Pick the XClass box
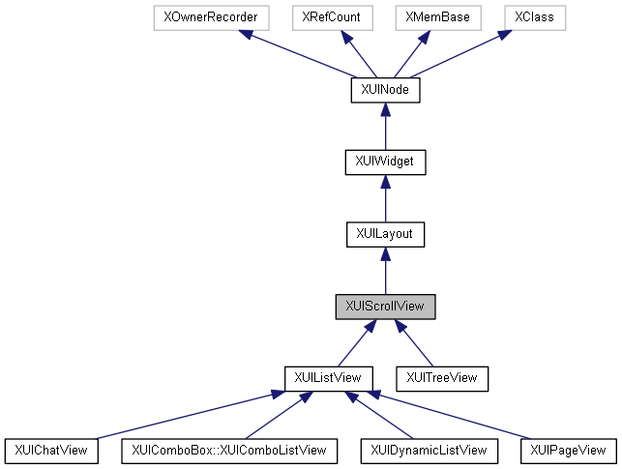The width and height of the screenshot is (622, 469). pyautogui.click(x=531, y=17)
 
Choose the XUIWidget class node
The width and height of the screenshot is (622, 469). pyautogui.click(x=385, y=161)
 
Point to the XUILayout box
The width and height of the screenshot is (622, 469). pyautogui.click(x=385, y=233)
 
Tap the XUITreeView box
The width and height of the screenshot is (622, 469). pyautogui.click(x=442, y=377)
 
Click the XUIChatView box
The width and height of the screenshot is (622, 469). pyautogui.click(x=52, y=450)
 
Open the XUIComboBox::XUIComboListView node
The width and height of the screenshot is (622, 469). pyautogui.click(x=229, y=450)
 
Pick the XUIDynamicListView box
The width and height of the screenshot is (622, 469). pyautogui.click(x=429, y=450)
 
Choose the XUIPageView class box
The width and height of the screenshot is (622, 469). pyautogui.click(x=568, y=450)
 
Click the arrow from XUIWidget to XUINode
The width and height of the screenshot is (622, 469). pyautogui.click(x=385, y=126)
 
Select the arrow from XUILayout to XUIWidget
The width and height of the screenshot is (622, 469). pyautogui.click(x=385, y=197)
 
